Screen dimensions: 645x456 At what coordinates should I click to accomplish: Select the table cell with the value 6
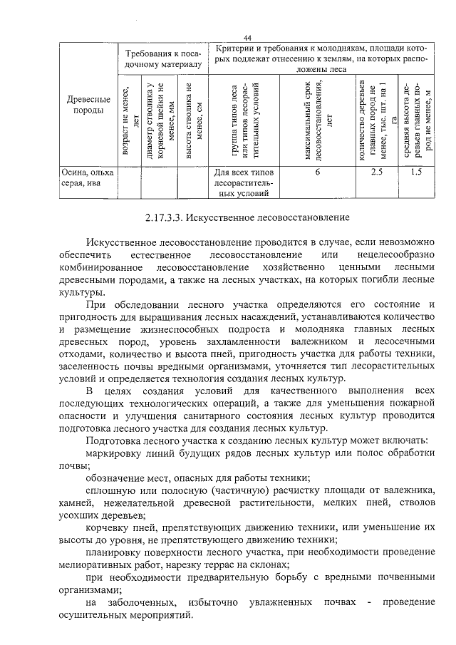tap(317, 172)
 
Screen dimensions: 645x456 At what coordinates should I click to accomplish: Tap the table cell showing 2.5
tap(377, 172)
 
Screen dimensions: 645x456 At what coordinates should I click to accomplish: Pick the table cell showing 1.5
tap(417, 172)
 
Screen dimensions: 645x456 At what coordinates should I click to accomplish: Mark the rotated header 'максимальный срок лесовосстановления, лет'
tap(317, 120)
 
